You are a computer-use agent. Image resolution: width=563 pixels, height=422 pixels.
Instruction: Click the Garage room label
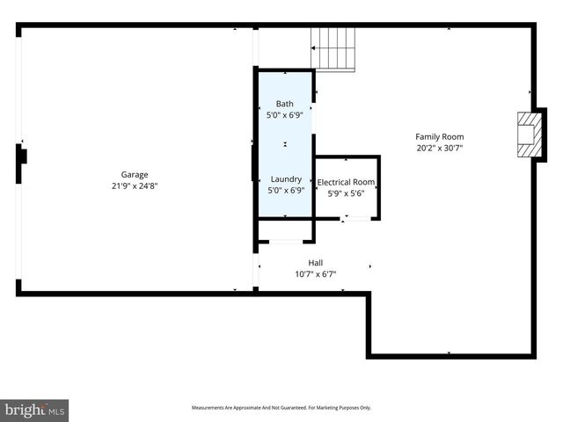pos(134,174)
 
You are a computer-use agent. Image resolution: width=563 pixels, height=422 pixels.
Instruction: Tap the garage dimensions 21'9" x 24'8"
pos(134,186)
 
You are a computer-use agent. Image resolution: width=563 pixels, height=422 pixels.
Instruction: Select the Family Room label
pos(440,136)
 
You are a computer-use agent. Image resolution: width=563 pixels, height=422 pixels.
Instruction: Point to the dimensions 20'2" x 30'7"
pos(440,148)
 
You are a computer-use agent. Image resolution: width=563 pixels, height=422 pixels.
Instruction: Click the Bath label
pos(285,104)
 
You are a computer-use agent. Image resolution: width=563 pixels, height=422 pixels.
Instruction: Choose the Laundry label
pos(286,178)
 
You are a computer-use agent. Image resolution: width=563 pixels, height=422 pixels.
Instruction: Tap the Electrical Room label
pos(346,182)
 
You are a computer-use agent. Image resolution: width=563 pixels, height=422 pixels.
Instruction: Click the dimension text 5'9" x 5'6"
pos(346,193)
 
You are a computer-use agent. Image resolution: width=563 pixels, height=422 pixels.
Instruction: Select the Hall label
pos(315,263)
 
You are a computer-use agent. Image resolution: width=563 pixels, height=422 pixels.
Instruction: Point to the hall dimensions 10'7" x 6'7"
pos(315,274)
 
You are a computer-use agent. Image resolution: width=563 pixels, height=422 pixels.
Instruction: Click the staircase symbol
pos(335,47)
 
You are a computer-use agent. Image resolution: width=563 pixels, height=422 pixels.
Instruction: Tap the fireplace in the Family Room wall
pos(528,135)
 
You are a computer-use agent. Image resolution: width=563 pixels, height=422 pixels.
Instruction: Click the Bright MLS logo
pos(34,410)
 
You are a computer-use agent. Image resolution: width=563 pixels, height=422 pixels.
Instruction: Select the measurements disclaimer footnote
pos(281,408)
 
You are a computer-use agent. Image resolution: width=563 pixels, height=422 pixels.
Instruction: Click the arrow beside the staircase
pos(315,48)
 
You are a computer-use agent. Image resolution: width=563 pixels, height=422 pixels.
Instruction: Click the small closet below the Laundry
pos(285,230)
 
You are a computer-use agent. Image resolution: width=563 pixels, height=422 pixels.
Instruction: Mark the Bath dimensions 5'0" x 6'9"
pos(285,115)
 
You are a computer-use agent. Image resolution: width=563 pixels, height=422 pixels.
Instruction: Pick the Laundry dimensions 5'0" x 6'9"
pos(286,190)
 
